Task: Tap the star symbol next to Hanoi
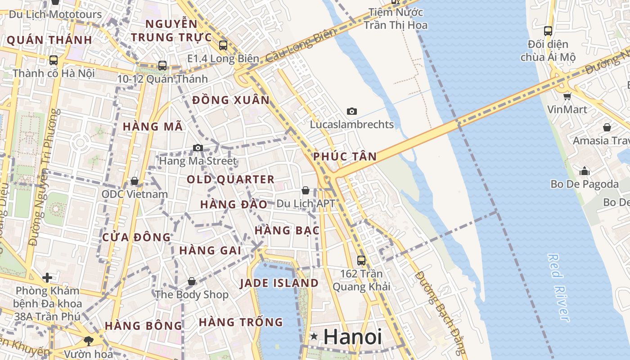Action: click(x=314, y=336)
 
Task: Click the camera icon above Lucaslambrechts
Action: click(x=352, y=111)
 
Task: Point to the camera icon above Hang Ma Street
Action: click(x=198, y=148)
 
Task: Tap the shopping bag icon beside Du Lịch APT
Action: click(x=306, y=190)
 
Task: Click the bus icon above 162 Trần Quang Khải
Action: click(x=361, y=260)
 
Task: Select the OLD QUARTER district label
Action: click(x=230, y=180)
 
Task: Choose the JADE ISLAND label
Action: click(x=279, y=283)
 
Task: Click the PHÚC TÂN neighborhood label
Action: click(x=345, y=157)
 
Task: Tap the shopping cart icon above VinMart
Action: click(x=567, y=96)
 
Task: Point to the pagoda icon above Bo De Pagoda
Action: click(x=585, y=171)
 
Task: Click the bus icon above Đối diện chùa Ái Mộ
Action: click(x=548, y=31)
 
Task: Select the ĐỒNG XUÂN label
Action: click(x=231, y=100)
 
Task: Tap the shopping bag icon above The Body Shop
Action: click(x=192, y=281)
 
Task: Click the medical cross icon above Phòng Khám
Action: click(x=47, y=278)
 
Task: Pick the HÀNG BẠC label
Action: click(x=287, y=230)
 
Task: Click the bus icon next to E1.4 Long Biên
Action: click(x=223, y=45)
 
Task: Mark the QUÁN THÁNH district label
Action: click(x=49, y=40)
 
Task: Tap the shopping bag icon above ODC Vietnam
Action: click(x=135, y=181)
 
